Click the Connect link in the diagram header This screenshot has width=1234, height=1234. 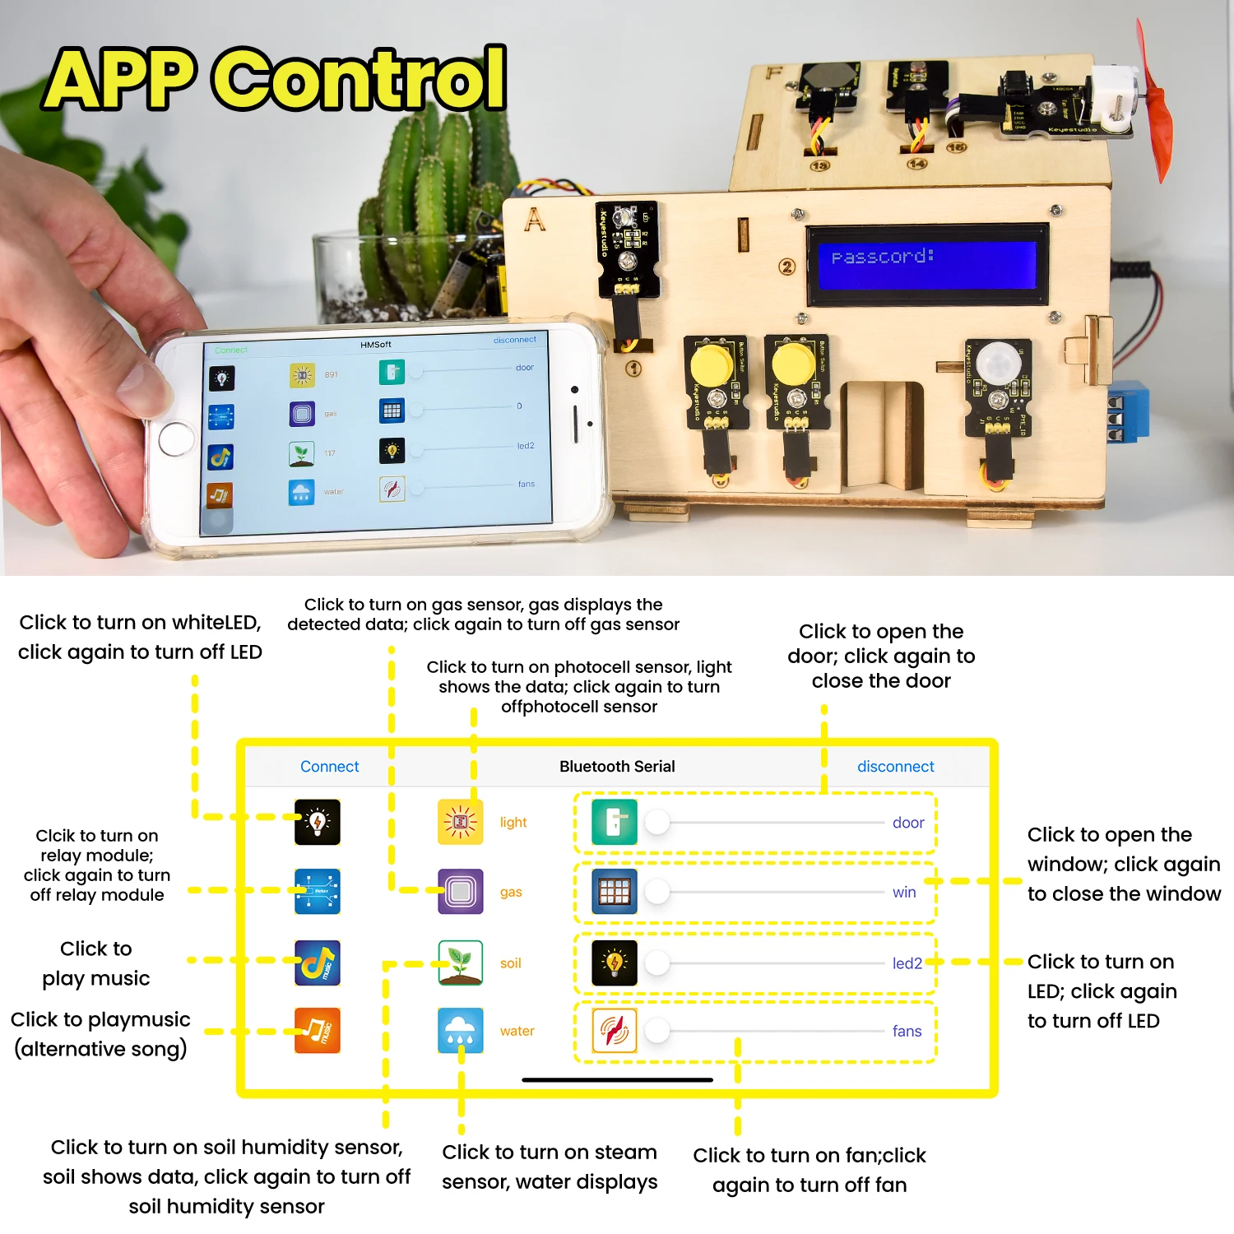tap(329, 767)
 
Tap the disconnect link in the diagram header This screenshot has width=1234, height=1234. tap(895, 767)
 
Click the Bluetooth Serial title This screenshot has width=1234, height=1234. tap(617, 767)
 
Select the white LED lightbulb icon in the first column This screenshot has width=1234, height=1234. tap(318, 822)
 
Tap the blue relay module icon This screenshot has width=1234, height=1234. tap(318, 892)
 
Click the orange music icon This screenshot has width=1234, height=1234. tap(318, 1031)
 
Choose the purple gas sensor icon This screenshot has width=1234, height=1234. tap(460, 892)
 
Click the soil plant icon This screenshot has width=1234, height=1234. tap(460, 963)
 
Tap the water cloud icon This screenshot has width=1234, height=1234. tap(460, 1031)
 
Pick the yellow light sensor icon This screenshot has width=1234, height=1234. tap(460, 822)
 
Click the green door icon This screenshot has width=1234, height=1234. tap(615, 822)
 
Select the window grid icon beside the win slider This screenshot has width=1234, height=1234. tap(615, 892)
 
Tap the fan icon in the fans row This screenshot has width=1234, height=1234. tap(615, 1031)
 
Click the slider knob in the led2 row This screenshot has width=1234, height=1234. tap(657, 963)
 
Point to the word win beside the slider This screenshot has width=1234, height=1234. tap(904, 893)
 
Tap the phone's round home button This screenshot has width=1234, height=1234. tap(176, 438)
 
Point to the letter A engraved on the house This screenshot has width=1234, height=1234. tap(535, 220)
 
